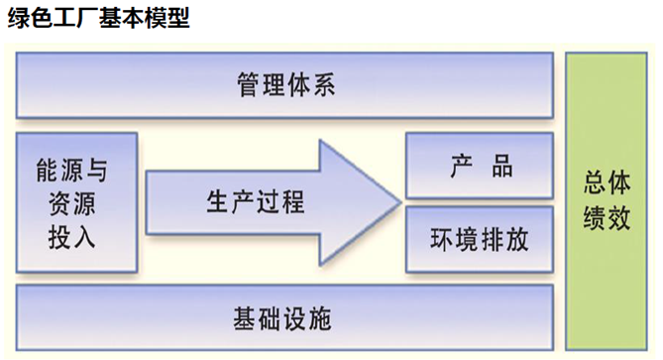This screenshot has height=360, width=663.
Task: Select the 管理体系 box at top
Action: tap(149, 84)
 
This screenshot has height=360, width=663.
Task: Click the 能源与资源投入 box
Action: tap(73, 203)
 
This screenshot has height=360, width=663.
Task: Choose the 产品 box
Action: tap(480, 164)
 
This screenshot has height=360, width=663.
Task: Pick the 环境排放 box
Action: tap(480, 239)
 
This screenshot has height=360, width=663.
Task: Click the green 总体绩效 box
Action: tap(607, 203)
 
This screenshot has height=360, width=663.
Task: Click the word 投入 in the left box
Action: tap(72, 237)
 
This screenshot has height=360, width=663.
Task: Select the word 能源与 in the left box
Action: tap(72, 170)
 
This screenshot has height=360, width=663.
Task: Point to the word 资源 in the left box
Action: tap(72, 203)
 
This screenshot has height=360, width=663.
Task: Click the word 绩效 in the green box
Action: tap(607, 220)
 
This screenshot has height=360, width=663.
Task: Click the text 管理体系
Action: tap(286, 84)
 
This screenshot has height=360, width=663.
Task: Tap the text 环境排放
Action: tap(480, 239)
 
